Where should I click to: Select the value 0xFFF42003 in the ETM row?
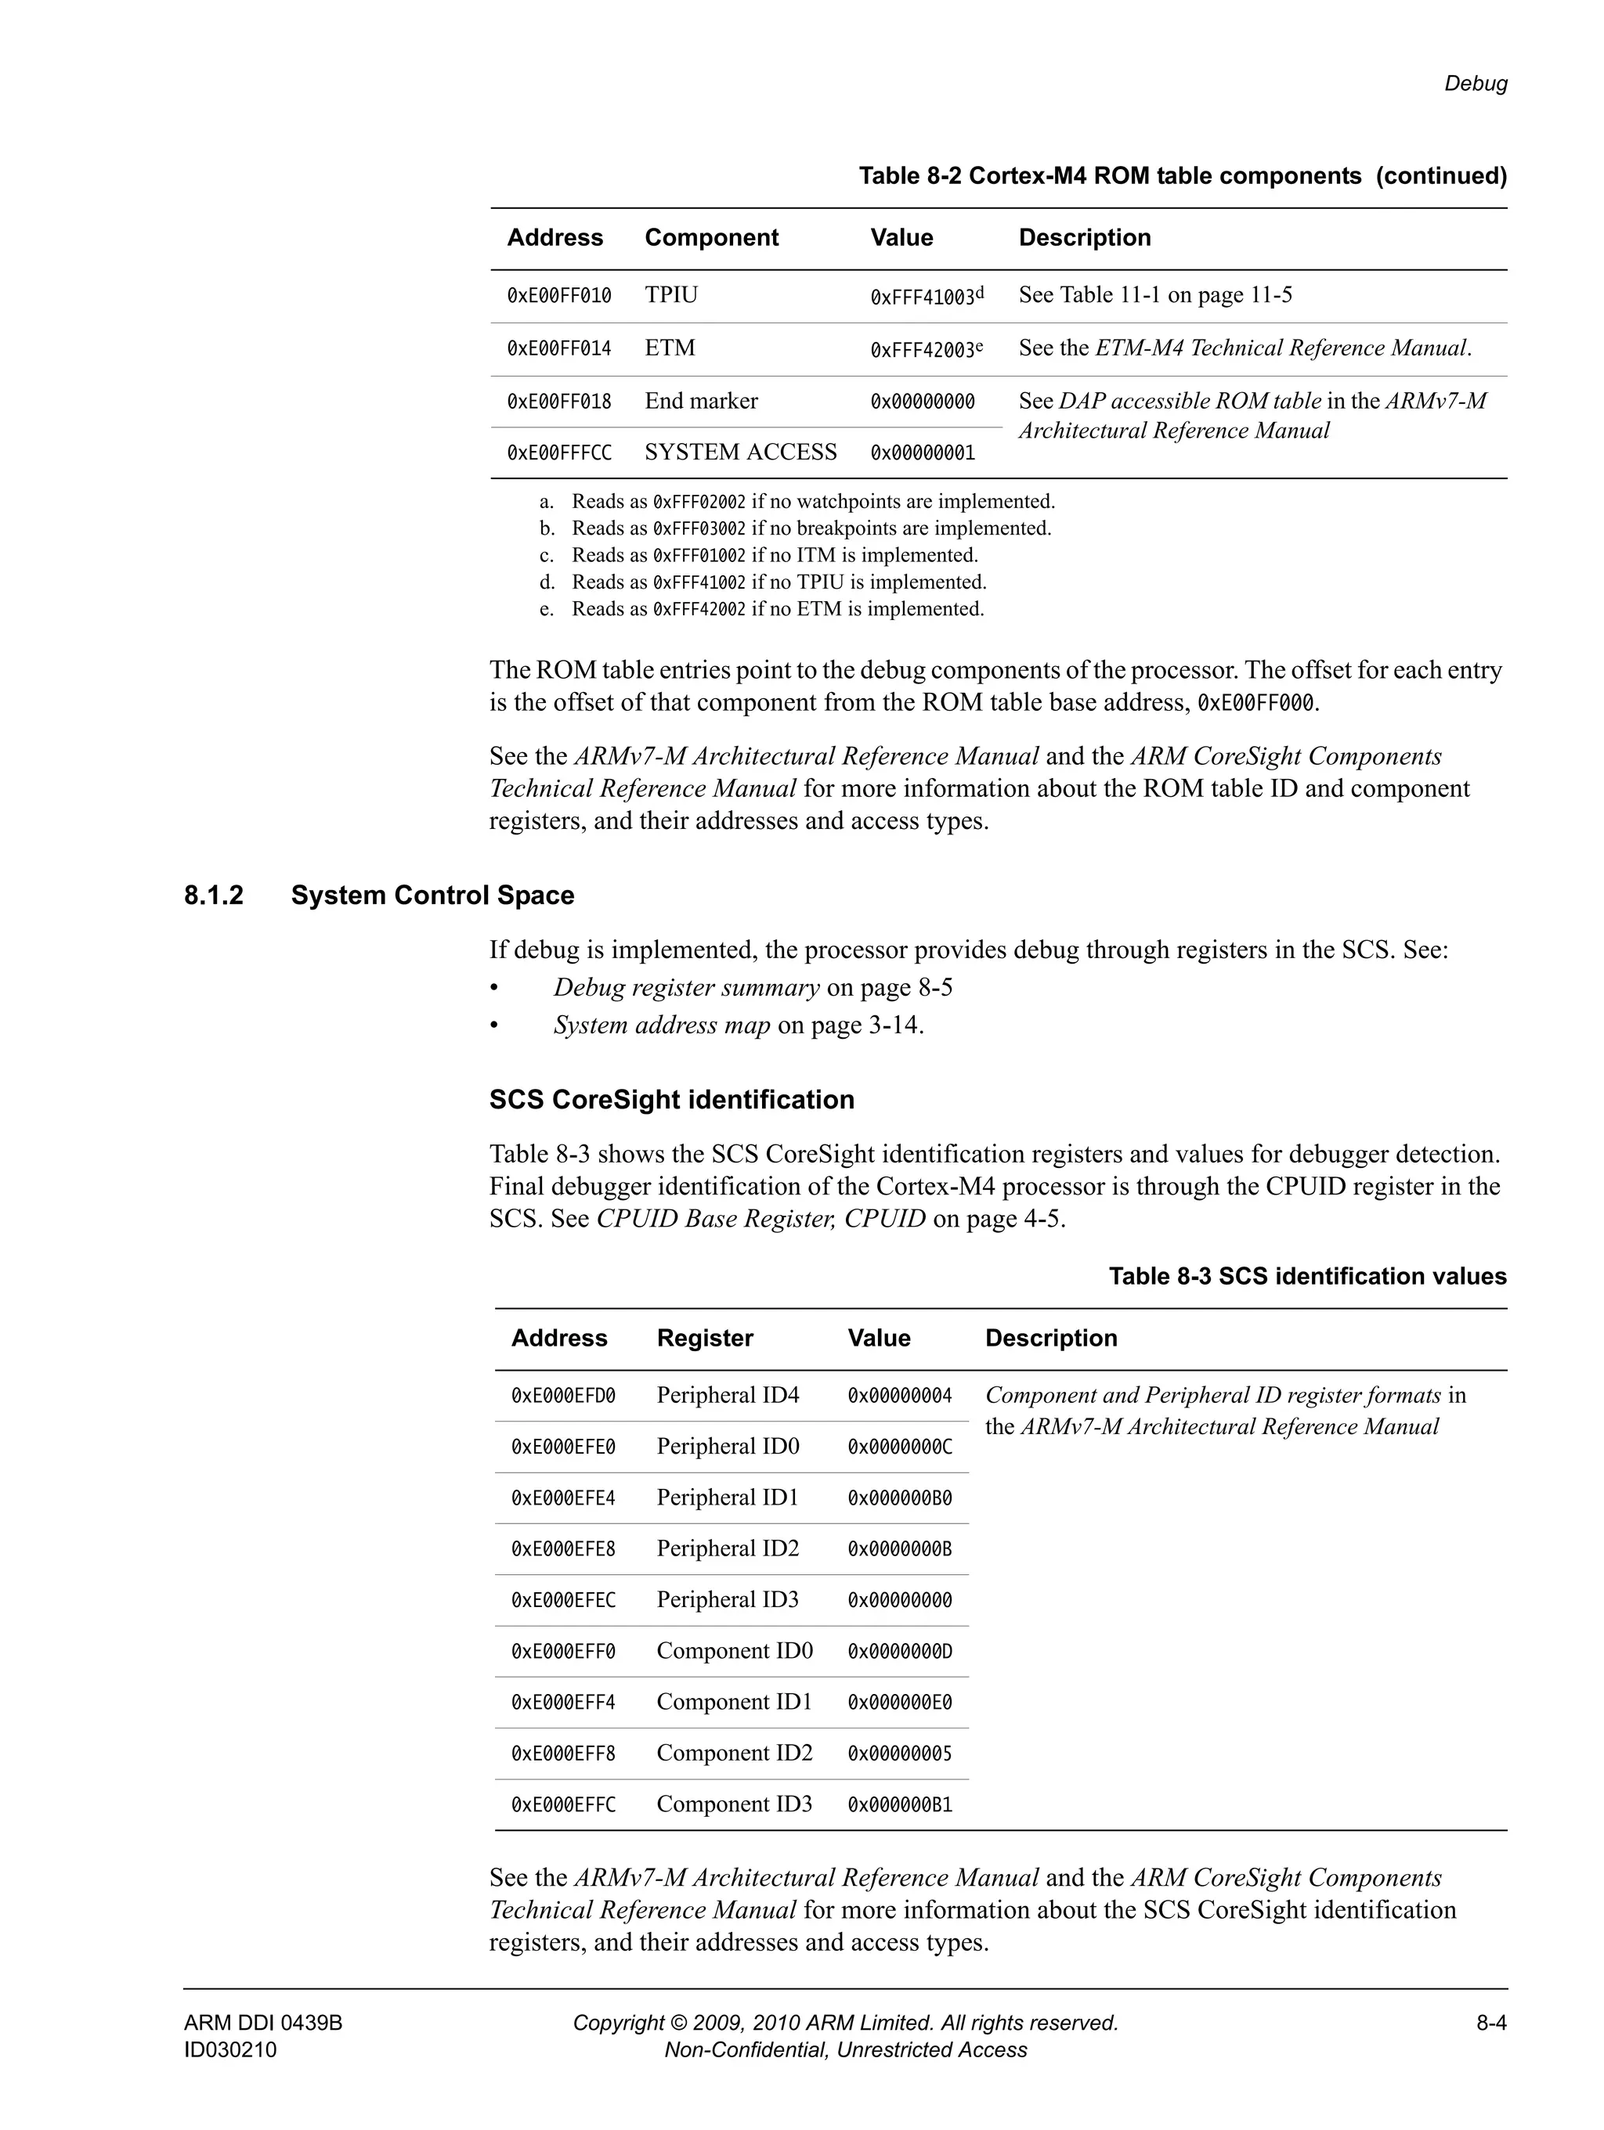(923, 350)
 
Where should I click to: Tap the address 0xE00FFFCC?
(558, 452)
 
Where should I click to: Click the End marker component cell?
(700, 401)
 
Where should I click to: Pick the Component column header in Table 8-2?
(711, 238)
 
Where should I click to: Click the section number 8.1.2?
(214, 896)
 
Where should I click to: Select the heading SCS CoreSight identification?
(671, 1100)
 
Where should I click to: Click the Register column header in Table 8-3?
(704, 1338)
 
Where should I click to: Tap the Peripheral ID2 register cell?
(728, 1548)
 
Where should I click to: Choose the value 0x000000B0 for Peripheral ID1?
(899, 1498)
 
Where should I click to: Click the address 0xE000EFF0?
(562, 1652)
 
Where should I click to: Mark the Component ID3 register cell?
(734, 1804)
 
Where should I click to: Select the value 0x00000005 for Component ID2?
(899, 1753)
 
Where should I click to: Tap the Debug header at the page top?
(1475, 84)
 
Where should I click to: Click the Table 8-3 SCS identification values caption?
(1306, 1277)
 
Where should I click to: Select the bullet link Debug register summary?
(686, 988)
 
